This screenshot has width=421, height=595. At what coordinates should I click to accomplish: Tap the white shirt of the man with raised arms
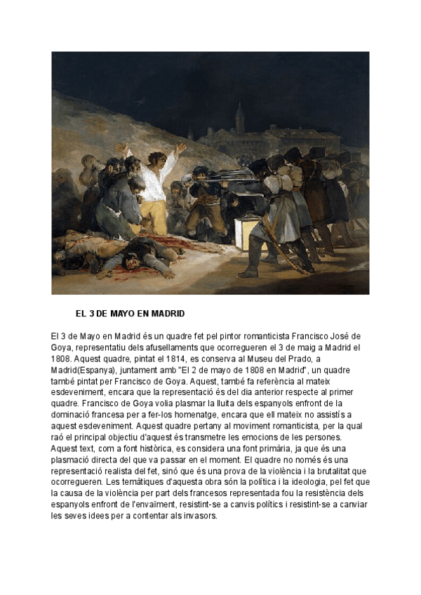[x=153, y=184]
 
